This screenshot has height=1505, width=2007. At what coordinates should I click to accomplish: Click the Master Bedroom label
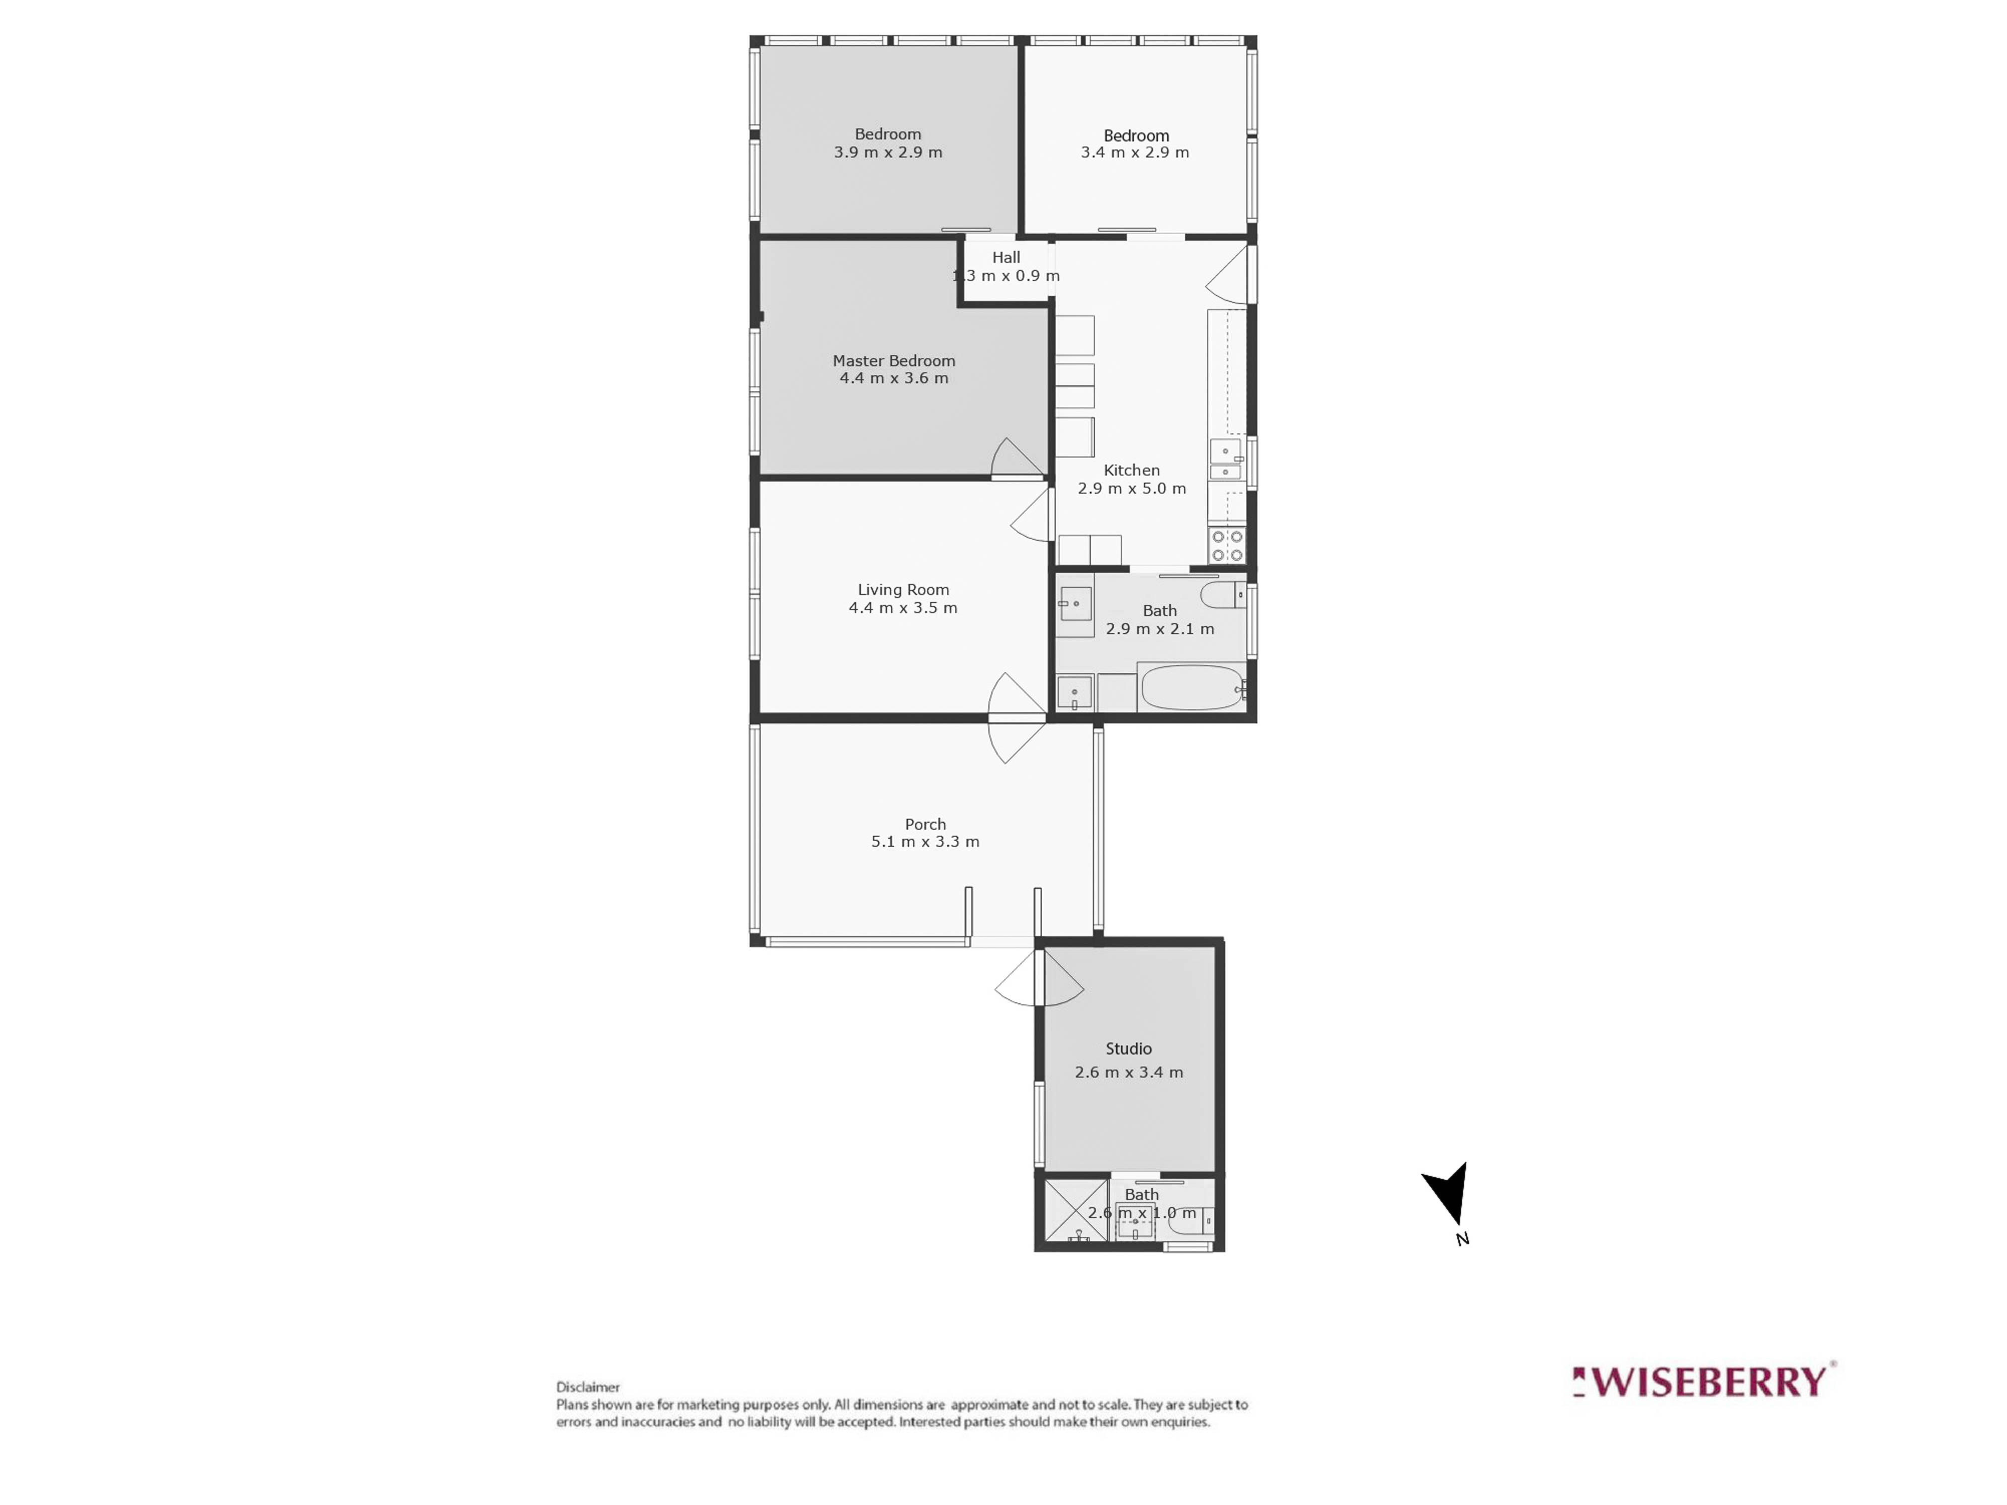[894, 361]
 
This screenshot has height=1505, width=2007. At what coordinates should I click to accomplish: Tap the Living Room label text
[903, 589]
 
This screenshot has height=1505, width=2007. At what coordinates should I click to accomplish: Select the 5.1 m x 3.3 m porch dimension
[925, 842]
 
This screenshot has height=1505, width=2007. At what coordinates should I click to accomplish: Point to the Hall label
[1006, 258]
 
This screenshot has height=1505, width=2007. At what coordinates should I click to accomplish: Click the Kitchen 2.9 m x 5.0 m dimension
[1131, 488]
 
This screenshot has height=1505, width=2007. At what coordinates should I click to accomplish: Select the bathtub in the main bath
[1191, 688]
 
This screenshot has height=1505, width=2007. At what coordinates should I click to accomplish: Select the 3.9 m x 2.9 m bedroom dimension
[888, 153]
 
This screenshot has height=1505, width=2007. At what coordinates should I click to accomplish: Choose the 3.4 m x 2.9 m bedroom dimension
[1135, 153]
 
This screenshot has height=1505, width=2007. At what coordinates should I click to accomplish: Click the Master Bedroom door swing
[1016, 458]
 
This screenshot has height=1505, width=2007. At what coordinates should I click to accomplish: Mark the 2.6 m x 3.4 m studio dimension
[1129, 1072]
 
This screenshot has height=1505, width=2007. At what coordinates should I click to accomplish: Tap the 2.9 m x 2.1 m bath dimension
[1160, 629]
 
